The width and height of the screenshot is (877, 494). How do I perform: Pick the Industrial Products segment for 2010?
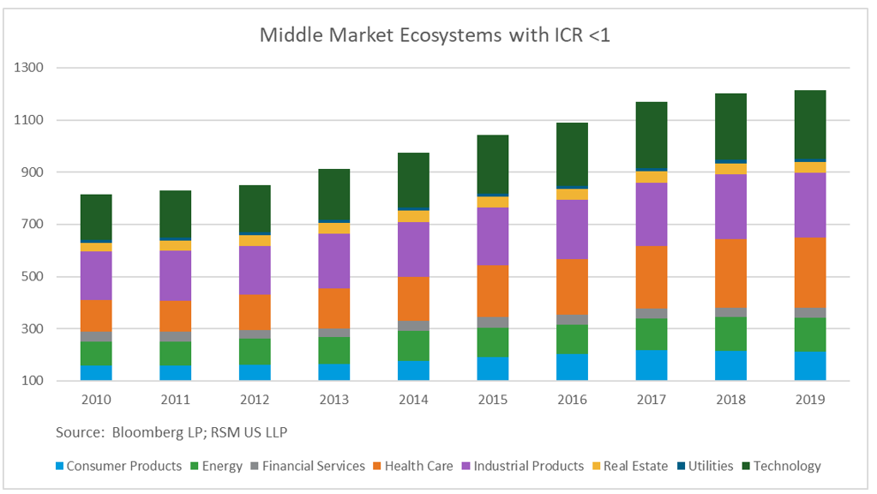point(96,275)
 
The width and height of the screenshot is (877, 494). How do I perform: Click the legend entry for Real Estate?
point(635,466)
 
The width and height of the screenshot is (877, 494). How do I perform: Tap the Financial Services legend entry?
point(313,466)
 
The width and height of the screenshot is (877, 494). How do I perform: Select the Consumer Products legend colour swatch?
point(59,466)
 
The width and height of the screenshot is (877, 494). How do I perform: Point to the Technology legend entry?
point(787,466)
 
